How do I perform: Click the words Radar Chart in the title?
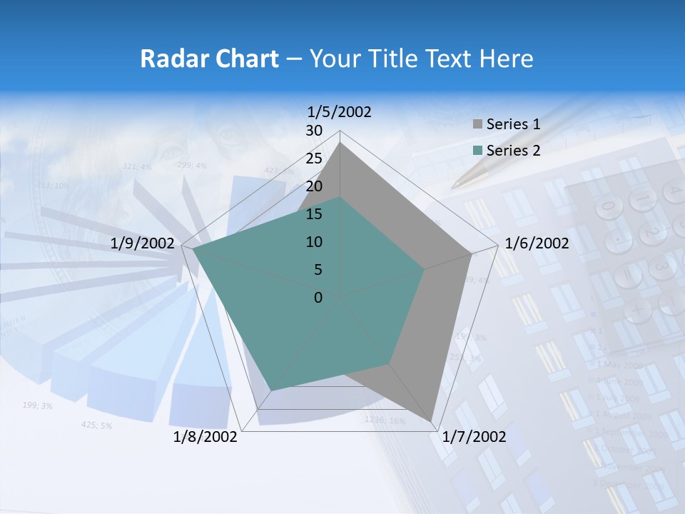point(209,59)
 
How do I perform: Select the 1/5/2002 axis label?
point(340,111)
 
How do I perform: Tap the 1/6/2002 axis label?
point(537,243)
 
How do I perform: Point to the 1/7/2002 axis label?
point(474,437)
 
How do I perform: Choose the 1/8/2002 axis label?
point(205,437)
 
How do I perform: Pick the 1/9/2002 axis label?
point(143,243)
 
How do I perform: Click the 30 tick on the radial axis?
point(314,131)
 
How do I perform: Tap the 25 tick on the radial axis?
point(314,158)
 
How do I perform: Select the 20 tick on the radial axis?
point(314,186)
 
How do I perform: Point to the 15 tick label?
point(314,214)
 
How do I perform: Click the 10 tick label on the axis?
point(314,242)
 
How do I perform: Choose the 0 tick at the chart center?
point(318,298)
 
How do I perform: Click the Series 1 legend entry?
point(513,124)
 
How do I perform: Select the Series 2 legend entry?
point(513,151)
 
